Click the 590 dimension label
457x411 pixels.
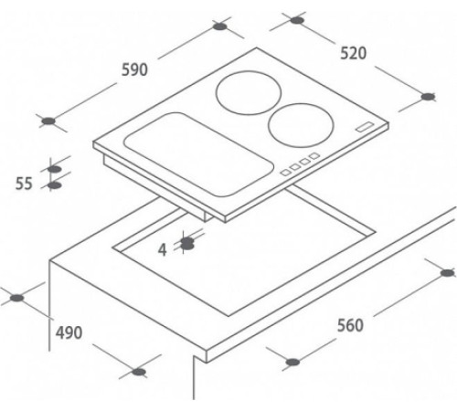(134, 69)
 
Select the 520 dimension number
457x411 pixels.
(353, 53)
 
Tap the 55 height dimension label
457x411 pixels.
(24, 184)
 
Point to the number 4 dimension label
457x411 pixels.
(163, 250)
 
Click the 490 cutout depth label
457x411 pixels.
(69, 332)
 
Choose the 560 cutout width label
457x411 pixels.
(350, 325)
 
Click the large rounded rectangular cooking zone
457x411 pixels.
(197, 154)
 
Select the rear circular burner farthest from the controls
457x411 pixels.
(249, 93)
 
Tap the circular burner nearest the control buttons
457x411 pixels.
(301, 125)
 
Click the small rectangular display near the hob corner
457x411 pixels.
(365, 127)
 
